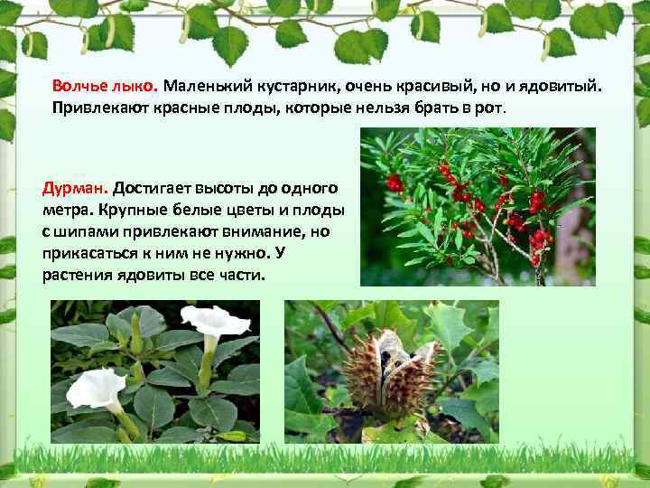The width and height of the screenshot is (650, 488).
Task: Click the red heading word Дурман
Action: tap(75, 189)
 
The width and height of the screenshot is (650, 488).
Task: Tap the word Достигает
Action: tap(157, 189)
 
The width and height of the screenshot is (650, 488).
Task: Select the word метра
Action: tap(68, 210)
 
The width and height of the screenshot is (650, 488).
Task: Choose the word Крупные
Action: tap(145, 210)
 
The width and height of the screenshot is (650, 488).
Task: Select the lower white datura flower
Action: tap(96, 388)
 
